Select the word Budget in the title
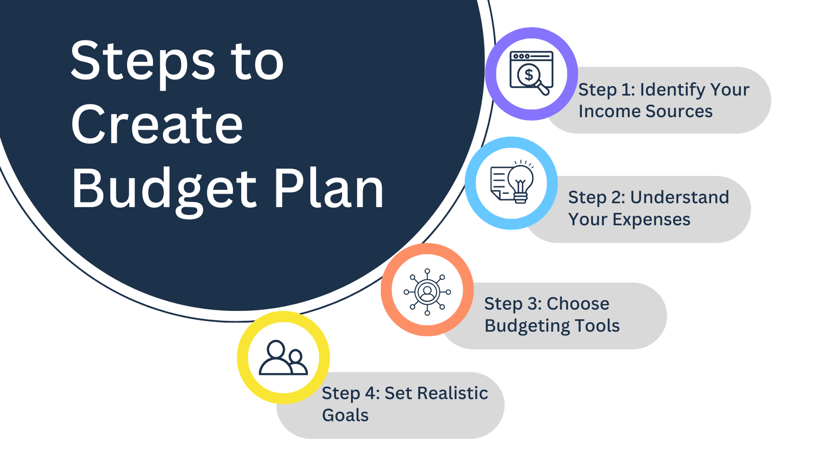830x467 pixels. [x=164, y=189]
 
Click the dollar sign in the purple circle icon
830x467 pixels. [x=529, y=75]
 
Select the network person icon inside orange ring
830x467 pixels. [x=427, y=292]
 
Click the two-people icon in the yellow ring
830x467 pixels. [x=283, y=358]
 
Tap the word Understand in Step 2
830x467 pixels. [x=680, y=198]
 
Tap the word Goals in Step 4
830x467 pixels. [x=345, y=416]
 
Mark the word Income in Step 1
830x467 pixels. [x=610, y=112]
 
